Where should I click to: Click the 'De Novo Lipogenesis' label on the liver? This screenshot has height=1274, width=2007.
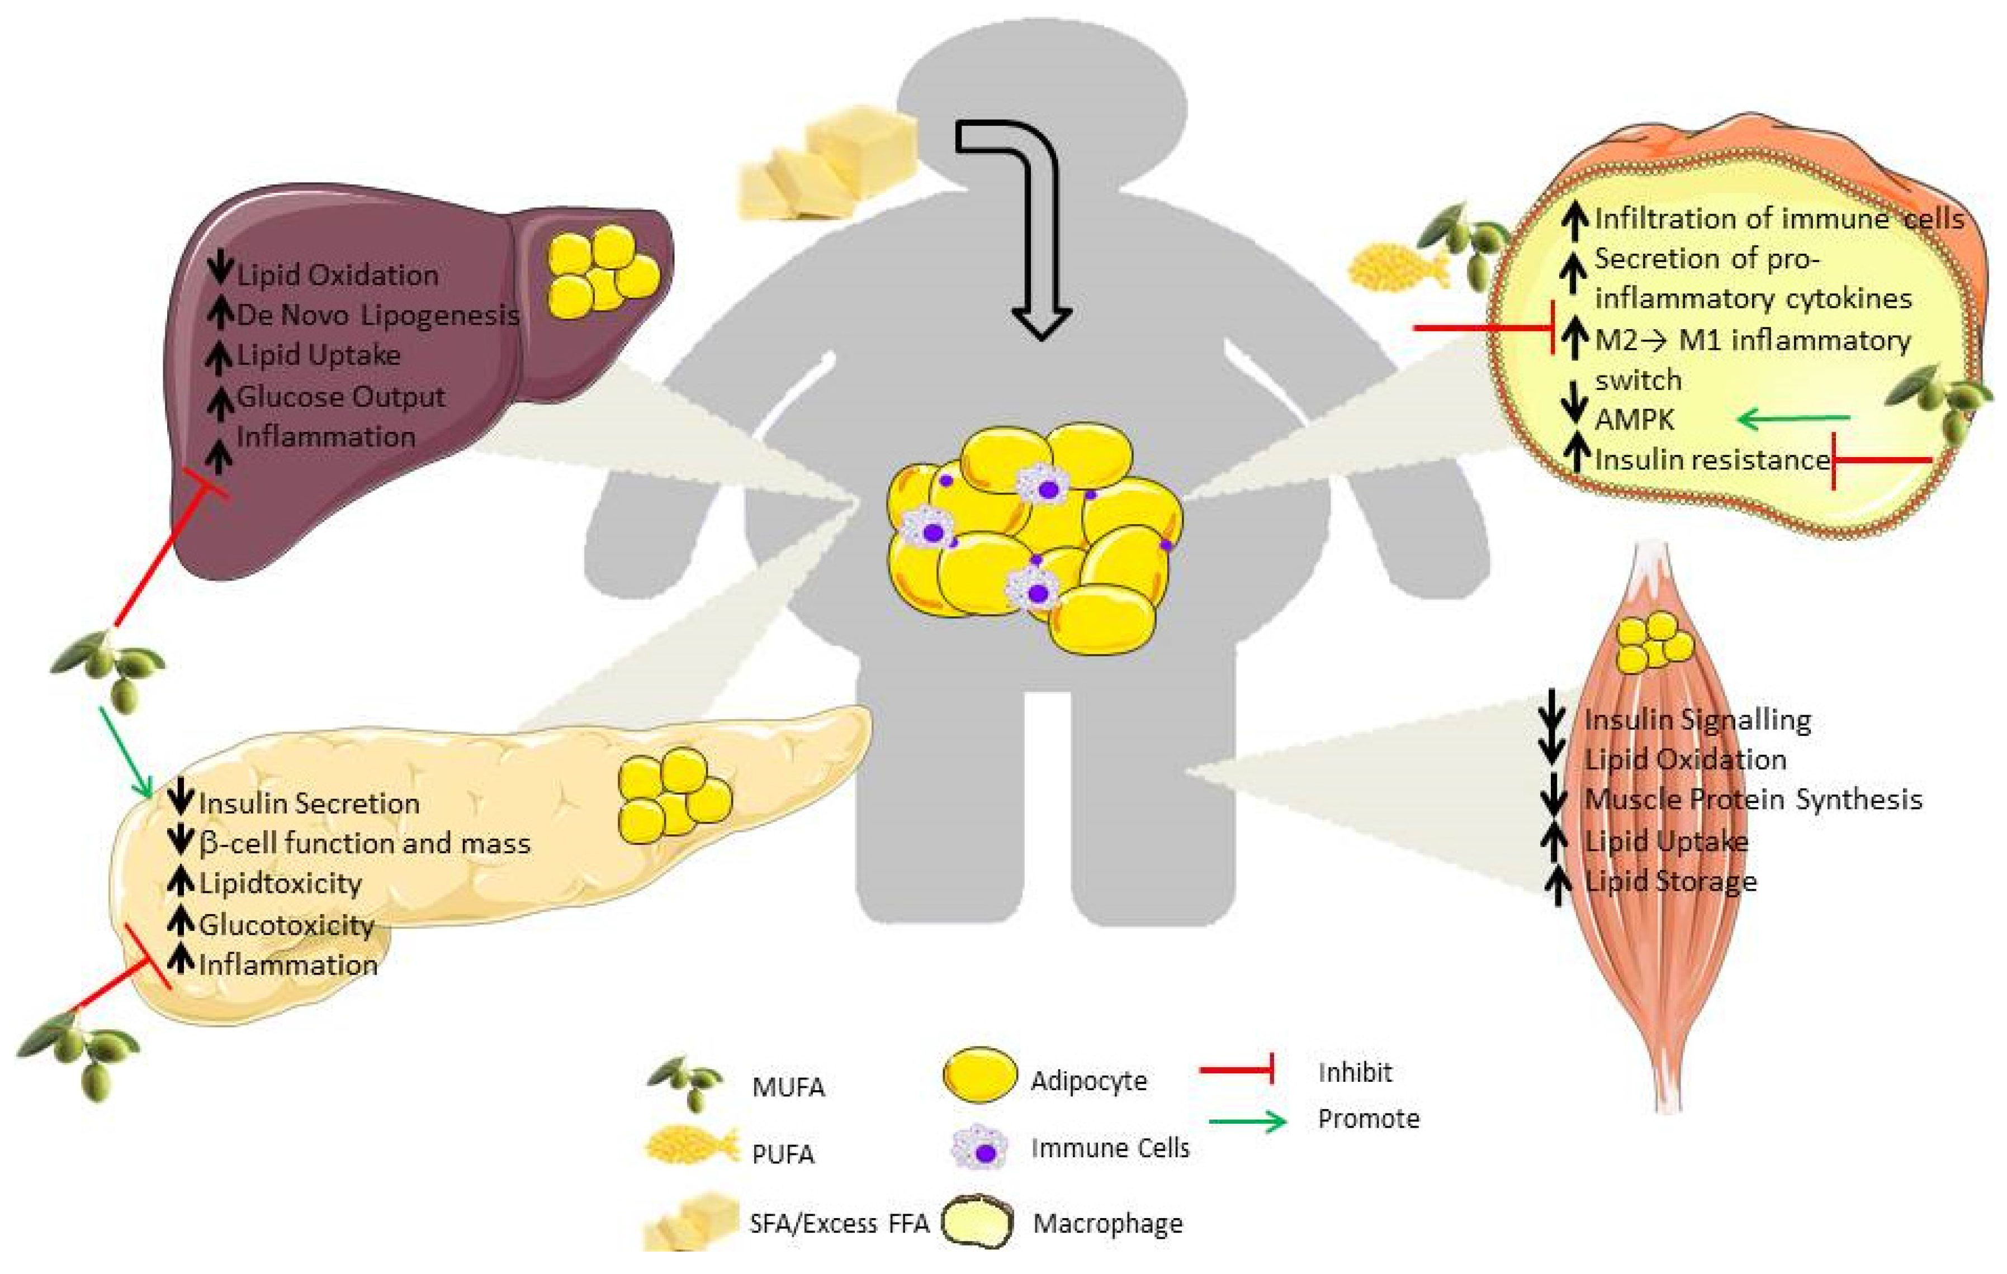[x=377, y=315]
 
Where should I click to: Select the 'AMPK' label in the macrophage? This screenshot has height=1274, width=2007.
[x=1634, y=419]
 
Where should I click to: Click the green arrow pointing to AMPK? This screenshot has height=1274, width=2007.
[x=1792, y=419]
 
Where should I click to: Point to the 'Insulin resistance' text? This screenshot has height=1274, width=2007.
[x=1711, y=459]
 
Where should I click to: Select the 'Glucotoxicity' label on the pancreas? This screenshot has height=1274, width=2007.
[x=286, y=925]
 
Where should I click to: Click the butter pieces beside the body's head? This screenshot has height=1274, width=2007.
[x=825, y=167]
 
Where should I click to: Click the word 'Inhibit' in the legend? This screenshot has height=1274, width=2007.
[x=1355, y=1072]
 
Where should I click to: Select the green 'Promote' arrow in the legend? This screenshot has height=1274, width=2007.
[x=1248, y=1123]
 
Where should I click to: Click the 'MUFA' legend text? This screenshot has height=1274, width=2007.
[x=788, y=1087]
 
